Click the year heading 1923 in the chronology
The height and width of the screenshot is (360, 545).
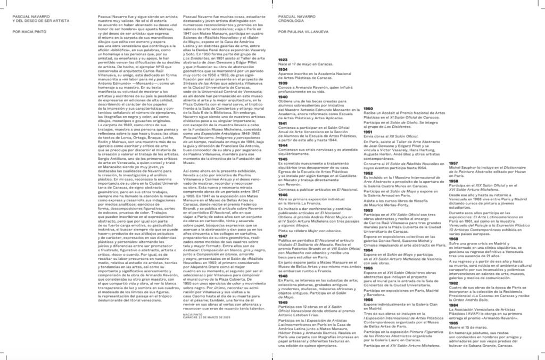[283, 60]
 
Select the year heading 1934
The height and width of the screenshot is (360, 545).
[283, 69]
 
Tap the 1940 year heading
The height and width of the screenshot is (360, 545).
[283, 96]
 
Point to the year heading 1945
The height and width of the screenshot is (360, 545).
[283, 159]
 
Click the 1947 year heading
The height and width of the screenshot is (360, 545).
[283, 220]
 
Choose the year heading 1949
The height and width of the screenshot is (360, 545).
[283, 302]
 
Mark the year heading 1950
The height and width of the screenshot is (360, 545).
[368, 108]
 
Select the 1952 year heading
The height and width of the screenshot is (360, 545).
[368, 173]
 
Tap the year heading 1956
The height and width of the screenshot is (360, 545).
[368, 299]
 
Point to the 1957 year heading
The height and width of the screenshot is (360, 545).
[453, 162]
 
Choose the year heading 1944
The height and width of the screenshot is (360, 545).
[283, 145]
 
